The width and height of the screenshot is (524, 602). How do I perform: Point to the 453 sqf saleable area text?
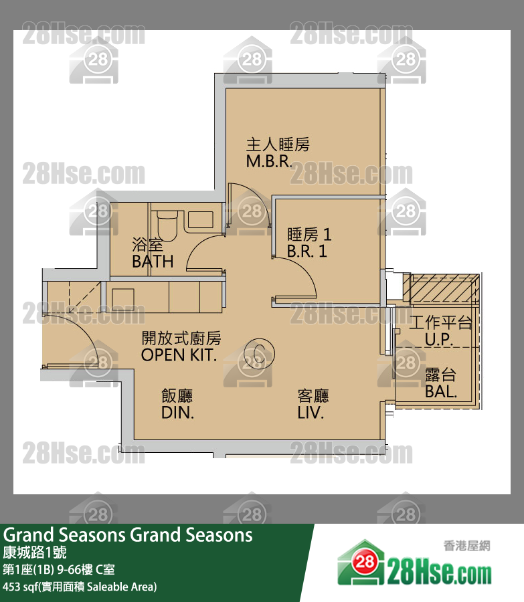80,587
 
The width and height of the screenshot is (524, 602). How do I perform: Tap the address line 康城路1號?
35,553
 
